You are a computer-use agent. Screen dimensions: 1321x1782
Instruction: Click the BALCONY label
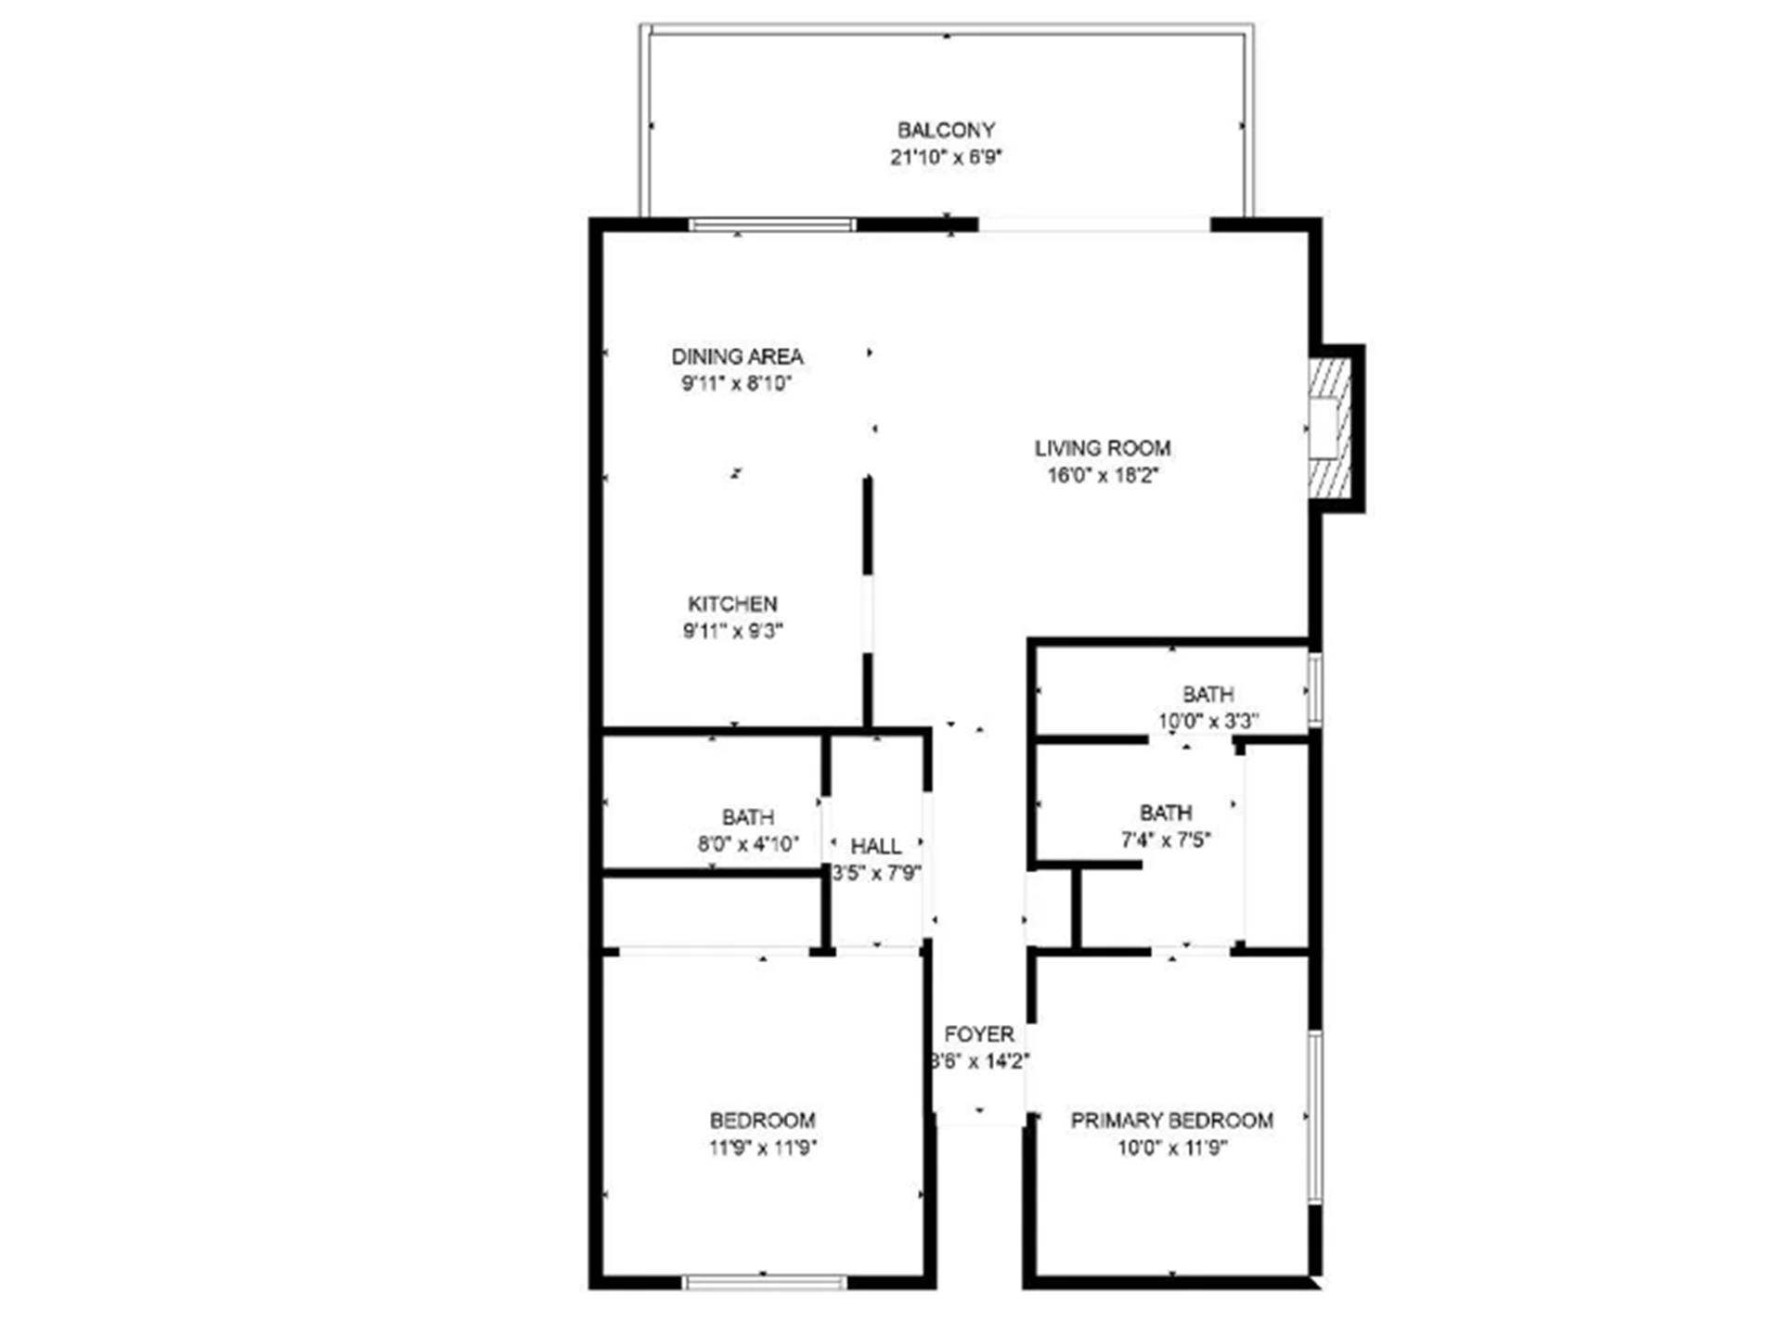[946, 130]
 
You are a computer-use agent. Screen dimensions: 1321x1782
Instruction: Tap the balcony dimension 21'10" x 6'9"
[946, 158]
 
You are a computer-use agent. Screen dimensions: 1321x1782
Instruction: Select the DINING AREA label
[737, 356]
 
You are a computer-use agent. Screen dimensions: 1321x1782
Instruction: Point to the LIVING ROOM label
[1103, 448]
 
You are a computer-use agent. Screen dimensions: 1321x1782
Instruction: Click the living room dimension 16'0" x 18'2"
[1103, 476]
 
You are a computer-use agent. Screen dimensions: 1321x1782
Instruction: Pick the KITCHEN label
[732, 604]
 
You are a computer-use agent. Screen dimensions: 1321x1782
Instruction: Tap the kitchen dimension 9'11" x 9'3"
[732, 632]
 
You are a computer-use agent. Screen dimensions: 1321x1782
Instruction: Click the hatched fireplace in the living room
[1329, 429]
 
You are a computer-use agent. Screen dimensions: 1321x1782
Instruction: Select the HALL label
[875, 846]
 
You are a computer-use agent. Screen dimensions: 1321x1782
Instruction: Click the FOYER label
[979, 1034]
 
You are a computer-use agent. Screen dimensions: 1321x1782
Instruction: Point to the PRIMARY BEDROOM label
[1171, 1121]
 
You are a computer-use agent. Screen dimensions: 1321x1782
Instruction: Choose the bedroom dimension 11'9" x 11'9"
[762, 1148]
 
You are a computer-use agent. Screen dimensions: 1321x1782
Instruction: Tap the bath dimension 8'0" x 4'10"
[748, 844]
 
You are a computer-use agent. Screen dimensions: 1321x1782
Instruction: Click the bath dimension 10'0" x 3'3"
[1207, 721]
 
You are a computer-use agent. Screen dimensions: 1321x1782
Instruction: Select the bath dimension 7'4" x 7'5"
[1166, 840]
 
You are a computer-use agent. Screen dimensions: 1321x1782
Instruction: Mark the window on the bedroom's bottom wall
[765, 1282]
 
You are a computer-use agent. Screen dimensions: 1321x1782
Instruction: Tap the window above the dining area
[771, 224]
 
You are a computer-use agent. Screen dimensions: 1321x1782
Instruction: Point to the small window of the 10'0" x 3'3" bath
[1314, 689]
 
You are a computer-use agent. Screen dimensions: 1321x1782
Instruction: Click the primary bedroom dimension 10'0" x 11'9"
[1171, 1148]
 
